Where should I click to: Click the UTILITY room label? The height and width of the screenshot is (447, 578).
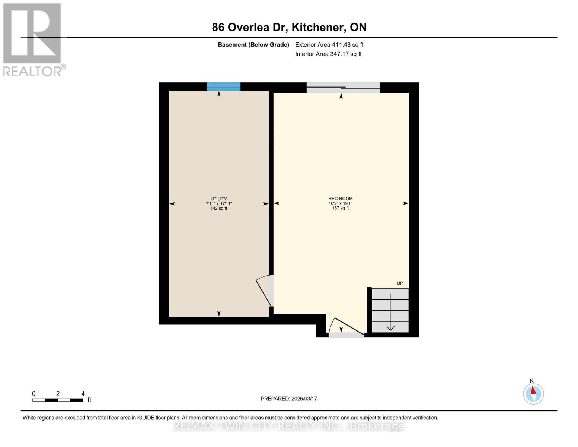click(218, 199)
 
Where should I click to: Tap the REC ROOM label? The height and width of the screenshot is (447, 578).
click(340, 199)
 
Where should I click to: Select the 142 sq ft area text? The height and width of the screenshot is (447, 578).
click(218, 209)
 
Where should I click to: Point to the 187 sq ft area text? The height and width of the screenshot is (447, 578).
click(340, 208)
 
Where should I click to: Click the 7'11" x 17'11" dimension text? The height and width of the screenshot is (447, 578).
click(218, 204)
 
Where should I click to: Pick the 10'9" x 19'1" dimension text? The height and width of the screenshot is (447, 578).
click(340, 203)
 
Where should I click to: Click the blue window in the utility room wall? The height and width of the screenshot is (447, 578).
click(224, 86)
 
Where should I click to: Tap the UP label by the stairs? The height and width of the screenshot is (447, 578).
click(400, 283)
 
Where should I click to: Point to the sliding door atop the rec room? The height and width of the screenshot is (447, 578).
click(343, 88)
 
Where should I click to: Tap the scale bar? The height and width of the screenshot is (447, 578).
click(58, 400)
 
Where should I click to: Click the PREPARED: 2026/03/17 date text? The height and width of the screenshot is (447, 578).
click(288, 399)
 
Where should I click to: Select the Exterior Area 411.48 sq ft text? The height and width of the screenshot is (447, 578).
click(329, 45)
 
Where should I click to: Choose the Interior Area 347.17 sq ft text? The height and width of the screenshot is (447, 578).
click(328, 54)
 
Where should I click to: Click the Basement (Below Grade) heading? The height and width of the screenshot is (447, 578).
click(253, 45)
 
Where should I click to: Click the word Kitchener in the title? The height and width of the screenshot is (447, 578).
click(317, 27)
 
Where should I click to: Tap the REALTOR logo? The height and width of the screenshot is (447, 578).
click(33, 39)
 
